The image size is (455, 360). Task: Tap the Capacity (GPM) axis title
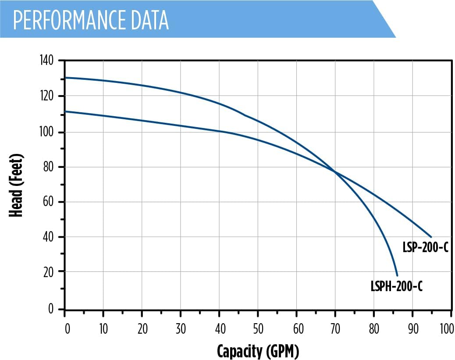point(258,351)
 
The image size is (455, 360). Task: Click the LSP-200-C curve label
point(425,247)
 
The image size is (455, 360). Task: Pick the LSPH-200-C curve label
point(396,287)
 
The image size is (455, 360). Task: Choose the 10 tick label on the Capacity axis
point(103,329)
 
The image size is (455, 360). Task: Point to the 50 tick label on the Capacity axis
point(258,329)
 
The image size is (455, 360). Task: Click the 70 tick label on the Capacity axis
point(335,329)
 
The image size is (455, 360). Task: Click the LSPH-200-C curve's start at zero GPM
point(65,78)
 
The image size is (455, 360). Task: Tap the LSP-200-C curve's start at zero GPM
point(65,111)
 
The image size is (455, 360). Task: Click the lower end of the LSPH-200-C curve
point(397,275)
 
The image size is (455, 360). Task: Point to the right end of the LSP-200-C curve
point(431,237)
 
